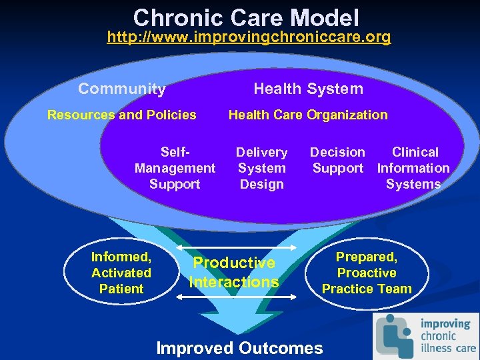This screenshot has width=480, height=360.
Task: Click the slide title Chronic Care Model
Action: [245, 17]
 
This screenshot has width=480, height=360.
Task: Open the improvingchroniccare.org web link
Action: [249, 37]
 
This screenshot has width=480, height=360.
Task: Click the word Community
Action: [122, 89]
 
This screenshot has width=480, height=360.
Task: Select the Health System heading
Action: [308, 89]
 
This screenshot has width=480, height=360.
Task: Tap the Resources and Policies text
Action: [122, 115]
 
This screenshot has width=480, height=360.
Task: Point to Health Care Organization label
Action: [308, 115]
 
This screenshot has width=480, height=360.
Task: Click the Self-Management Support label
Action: [175, 168]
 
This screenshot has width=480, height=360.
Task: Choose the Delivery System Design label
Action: [261, 168]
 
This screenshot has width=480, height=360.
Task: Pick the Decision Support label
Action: [338, 161]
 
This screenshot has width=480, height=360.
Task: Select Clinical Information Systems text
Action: [413, 168]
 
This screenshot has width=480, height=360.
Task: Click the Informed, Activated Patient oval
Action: [121, 273]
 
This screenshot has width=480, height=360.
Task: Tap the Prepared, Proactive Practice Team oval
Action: [367, 273]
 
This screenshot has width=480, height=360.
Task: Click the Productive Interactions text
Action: [233, 273]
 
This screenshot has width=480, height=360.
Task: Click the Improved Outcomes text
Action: [239, 347]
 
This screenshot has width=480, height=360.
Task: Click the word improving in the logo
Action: [445, 323]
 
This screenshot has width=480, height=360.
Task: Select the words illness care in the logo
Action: [447, 347]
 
